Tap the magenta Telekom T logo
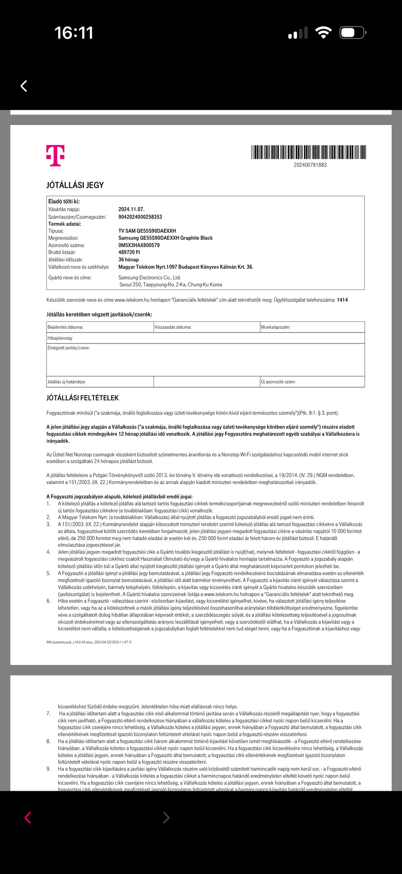55,155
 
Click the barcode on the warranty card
309,152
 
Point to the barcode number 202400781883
310,165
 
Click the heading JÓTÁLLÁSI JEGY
75,185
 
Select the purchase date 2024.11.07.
131,209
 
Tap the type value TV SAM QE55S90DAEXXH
147,231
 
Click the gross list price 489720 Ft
129,253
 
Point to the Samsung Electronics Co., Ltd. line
149,277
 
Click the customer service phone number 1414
342,300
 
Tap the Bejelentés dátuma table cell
99,327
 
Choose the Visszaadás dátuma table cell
206,327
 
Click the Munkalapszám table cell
312,327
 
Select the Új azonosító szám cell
312,382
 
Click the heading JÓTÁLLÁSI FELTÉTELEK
82,398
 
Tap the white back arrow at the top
24,86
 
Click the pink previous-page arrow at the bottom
28,818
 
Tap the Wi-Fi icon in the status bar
323,33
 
